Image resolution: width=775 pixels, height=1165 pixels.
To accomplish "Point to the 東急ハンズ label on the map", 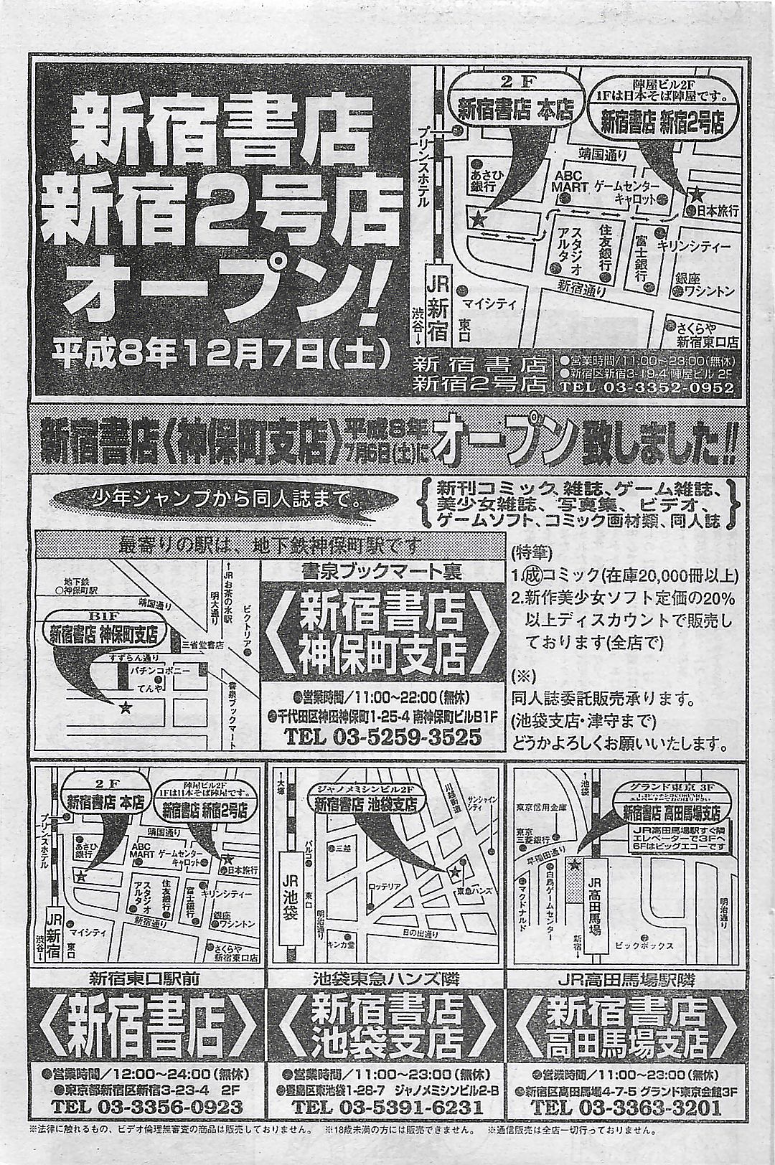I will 473,890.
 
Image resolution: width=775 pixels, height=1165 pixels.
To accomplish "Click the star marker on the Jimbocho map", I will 126,708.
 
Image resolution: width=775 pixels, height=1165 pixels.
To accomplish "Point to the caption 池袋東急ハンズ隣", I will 387,978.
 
